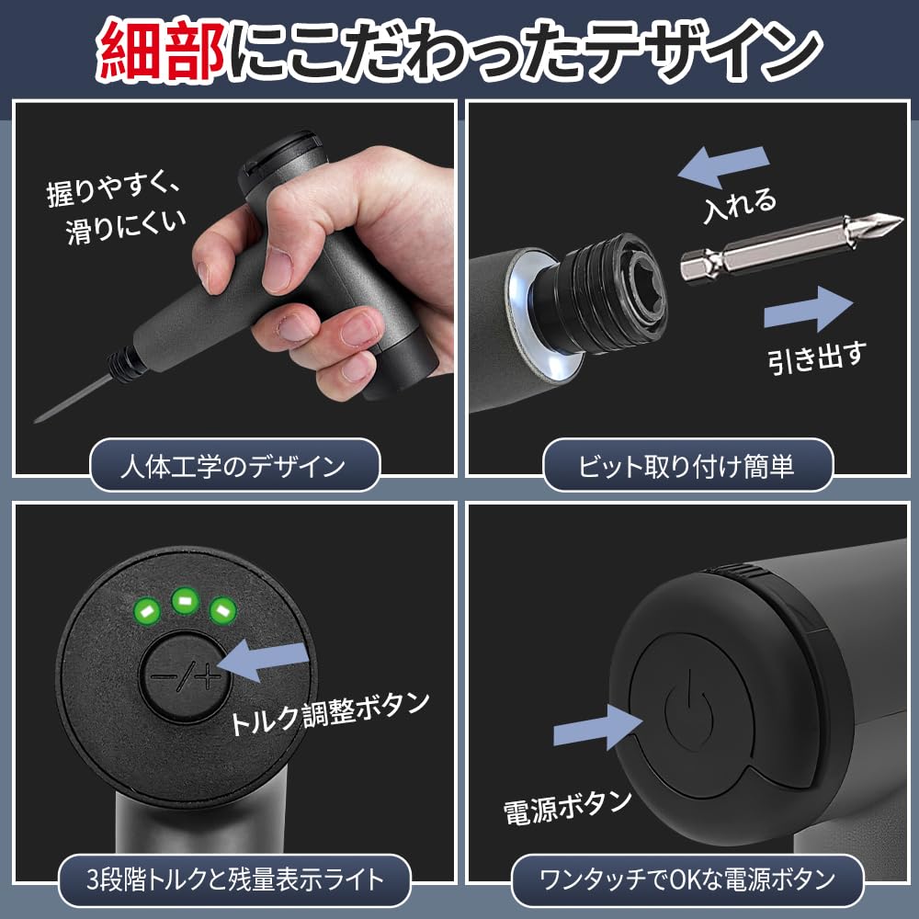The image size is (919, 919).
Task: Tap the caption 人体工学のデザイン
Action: pyautogui.click(x=233, y=466)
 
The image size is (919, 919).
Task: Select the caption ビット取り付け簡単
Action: pyautogui.click(x=686, y=466)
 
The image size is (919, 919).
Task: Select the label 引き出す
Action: pyautogui.click(x=817, y=357)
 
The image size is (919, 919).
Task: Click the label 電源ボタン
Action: pyautogui.click(x=567, y=807)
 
